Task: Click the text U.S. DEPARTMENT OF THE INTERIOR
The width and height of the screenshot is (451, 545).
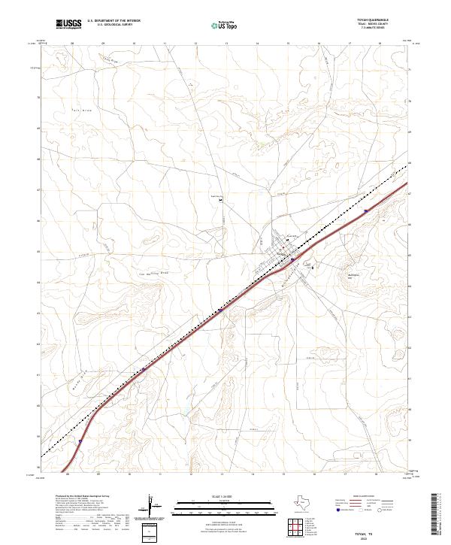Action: (114, 20)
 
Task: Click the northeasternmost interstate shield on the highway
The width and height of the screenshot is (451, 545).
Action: (365, 211)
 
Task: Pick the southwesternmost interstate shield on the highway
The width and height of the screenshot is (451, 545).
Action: (79, 443)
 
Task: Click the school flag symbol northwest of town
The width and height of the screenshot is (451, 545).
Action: (221, 200)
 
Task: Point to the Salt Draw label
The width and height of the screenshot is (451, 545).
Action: (60, 111)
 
